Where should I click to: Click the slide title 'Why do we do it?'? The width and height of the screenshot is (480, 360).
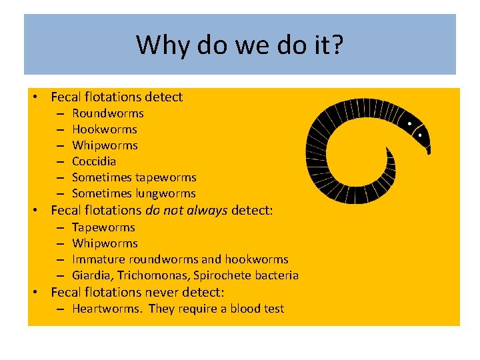[x=239, y=45]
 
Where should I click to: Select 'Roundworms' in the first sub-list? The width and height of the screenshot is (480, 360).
[x=107, y=113]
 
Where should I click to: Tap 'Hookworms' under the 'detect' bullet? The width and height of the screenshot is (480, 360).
[x=104, y=129]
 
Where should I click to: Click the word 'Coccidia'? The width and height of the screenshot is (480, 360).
[x=93, y=161]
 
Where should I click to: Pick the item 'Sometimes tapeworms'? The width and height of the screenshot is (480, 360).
[x=133, y=177]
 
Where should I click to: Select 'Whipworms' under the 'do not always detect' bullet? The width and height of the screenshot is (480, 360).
[x=105, y=243]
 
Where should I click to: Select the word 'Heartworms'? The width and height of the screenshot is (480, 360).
[x=107, y=309]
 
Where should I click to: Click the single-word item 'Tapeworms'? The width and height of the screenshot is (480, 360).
[x=103, y=227]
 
